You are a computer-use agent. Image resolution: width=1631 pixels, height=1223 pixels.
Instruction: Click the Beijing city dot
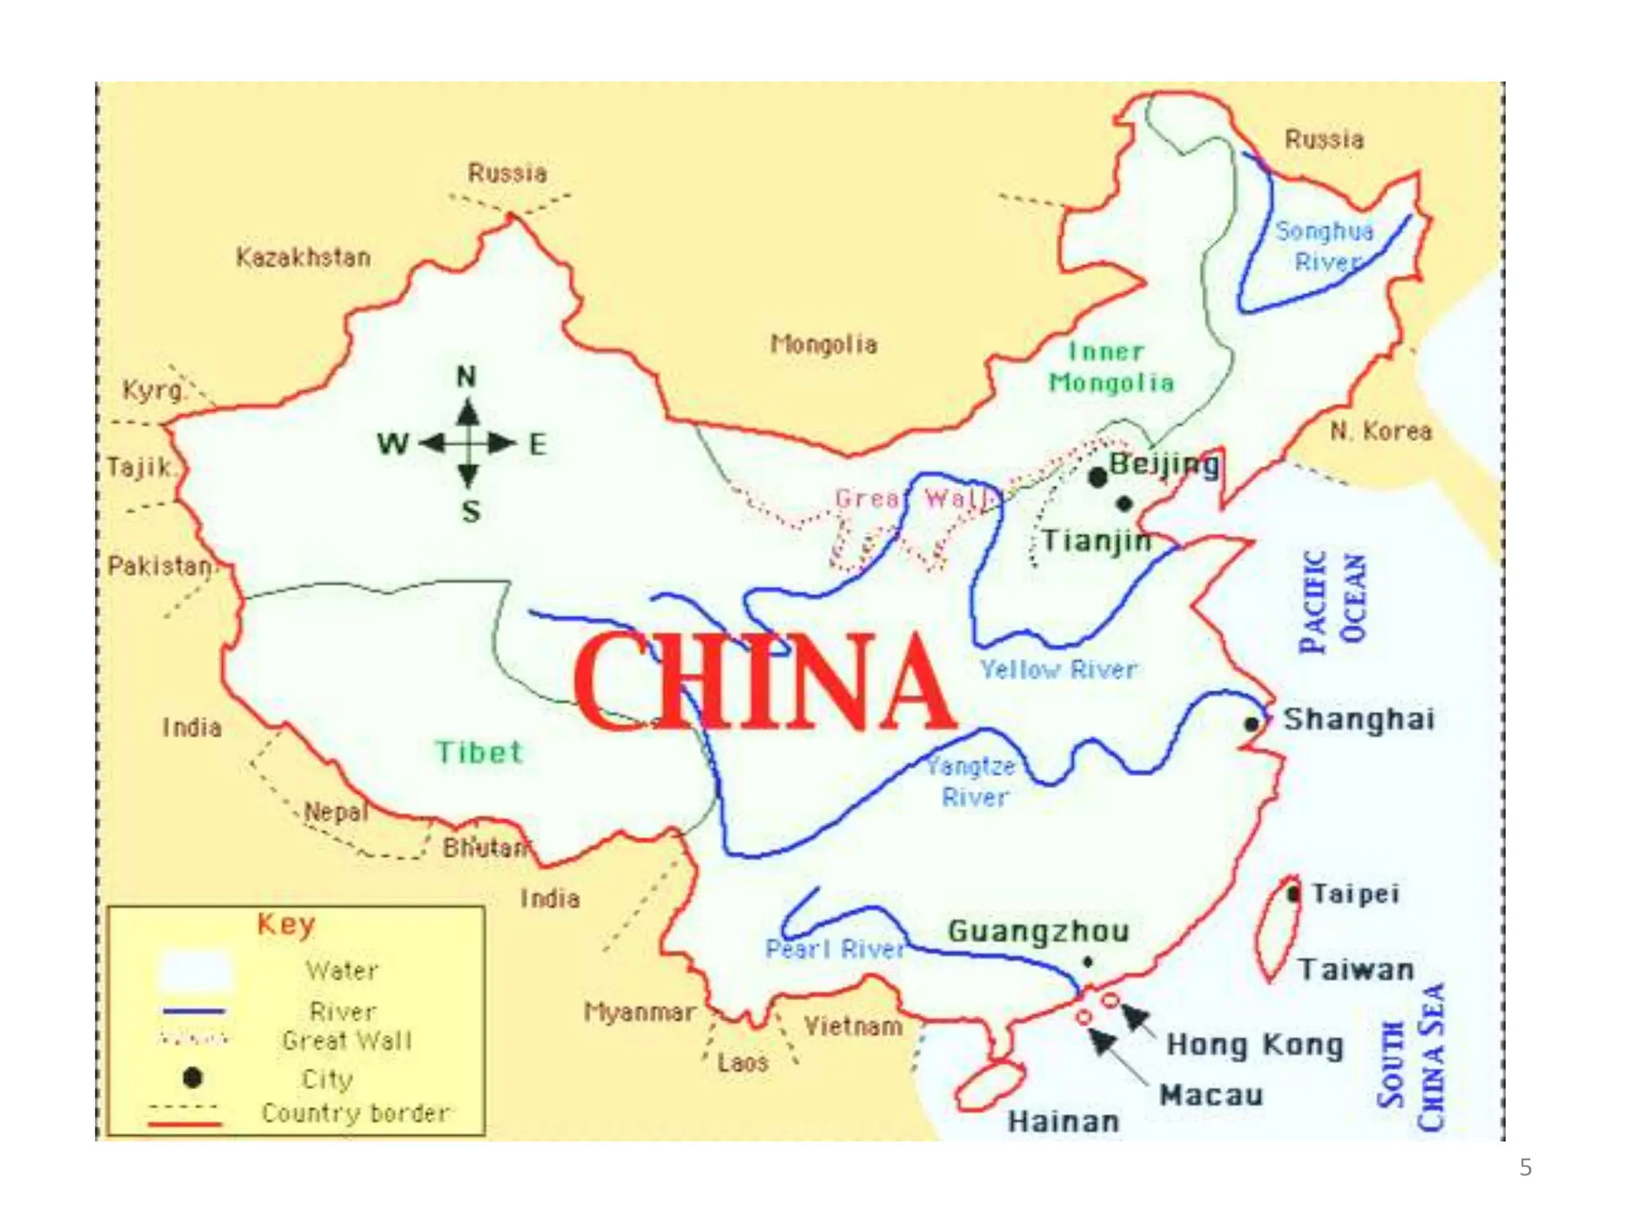pos(1097,477)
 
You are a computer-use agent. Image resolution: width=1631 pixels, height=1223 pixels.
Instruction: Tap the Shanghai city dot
pos(1251,724)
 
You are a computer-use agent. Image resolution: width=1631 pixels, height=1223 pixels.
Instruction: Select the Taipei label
pos(1355,893)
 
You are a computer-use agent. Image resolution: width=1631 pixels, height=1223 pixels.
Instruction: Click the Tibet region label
pos(479,752)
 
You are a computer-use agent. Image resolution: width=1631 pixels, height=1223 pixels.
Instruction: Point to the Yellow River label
pos(1058,670)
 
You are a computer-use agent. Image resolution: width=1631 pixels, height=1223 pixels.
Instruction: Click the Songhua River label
pos(1325,246)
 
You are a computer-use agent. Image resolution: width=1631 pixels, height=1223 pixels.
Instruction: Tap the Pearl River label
pos(835,948)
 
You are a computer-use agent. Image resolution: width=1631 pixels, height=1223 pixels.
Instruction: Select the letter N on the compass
pos(467,376)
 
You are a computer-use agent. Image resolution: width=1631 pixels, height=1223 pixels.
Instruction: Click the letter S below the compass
pos(471,511)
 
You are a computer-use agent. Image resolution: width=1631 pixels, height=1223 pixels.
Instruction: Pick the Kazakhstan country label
pos(303,257)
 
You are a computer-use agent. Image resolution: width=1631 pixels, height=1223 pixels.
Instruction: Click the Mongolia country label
pos(823,344)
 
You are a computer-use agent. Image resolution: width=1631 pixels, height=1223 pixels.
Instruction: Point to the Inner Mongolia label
pos(1110,367)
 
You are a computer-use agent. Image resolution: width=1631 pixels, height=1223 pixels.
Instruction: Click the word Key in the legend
pos(286,924)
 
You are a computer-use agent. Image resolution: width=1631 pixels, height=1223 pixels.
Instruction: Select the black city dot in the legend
pos(192,1077)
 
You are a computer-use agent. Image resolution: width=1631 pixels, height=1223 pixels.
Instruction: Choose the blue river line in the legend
pos(194,1011)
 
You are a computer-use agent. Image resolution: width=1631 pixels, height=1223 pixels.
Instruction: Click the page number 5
pos(1525,1167)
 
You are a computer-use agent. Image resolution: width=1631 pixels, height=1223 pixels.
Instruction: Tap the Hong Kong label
pos(1254,1045)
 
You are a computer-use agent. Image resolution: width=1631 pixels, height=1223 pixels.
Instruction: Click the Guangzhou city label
pos(1038,931)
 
